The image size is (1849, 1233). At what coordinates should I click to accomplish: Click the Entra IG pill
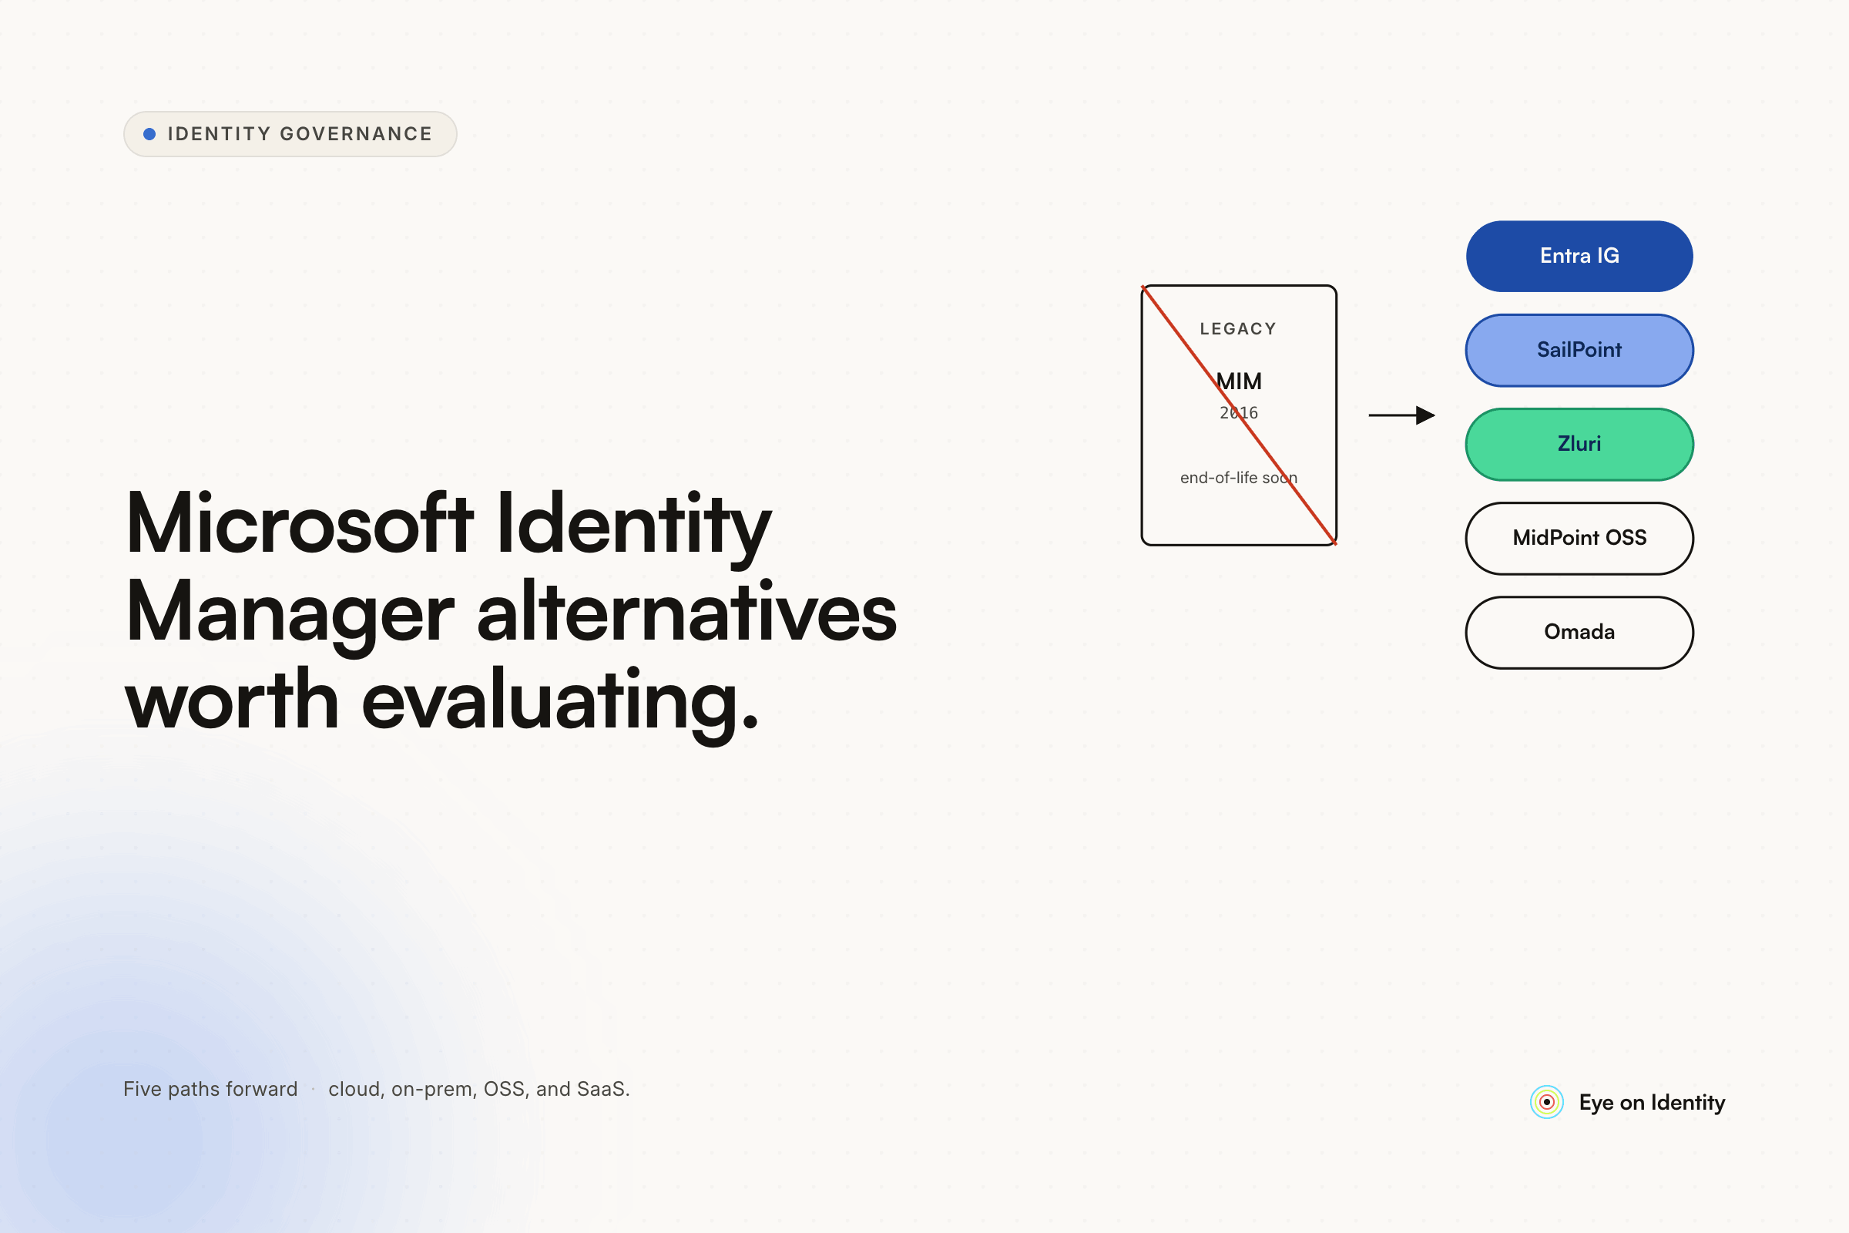click(1579, 257)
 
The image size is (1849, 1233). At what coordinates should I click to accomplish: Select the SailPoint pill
click(1579, 350)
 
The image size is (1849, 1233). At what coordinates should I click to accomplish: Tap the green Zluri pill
click(1579, 445)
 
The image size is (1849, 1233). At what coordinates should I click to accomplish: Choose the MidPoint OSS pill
click(1579, 538)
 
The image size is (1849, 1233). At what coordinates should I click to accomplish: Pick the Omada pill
click(1579, 632)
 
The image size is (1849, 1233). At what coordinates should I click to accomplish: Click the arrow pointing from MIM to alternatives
click(1401, 415)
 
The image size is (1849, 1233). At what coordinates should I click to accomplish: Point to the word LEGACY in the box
click(1238, 329)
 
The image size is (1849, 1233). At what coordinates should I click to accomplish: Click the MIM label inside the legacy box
click(1239, 381)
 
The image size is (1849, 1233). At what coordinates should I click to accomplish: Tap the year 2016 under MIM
click(1239, 413)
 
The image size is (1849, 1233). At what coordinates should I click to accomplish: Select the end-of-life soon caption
click(1239, 477)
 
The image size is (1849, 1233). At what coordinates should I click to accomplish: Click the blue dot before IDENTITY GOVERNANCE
click(149, 134)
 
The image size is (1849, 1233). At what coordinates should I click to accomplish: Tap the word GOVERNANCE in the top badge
click(356, 134)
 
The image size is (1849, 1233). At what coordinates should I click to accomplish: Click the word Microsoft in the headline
click(300, 524)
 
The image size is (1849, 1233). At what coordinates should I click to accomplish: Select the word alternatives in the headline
click(687, 610)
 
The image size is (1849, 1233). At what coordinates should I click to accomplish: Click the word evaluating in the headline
click(560, 700)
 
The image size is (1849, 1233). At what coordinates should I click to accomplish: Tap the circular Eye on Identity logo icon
click(1546, 1103)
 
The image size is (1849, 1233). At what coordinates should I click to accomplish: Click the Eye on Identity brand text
click(1652, 1104)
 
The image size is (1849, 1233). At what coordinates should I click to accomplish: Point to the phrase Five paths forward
click(210, 1089)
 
